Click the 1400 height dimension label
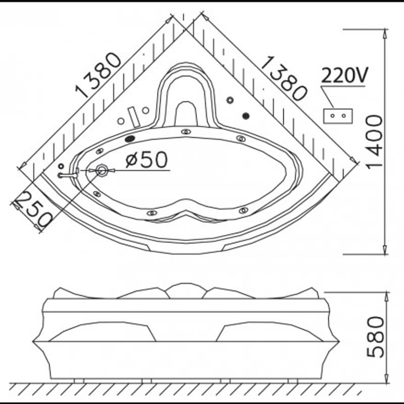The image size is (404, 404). (375, 142)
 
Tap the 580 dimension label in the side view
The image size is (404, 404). (375, 337)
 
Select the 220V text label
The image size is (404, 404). (345, 75)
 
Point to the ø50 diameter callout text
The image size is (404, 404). (146, 159)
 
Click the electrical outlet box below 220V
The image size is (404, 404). (338, 116)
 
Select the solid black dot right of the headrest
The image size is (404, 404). (246, 116)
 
